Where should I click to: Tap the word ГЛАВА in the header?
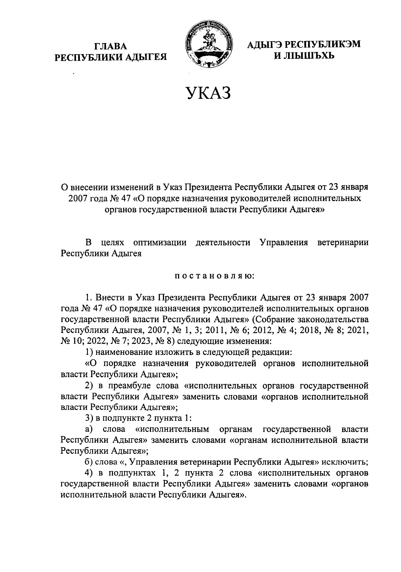[x=111, y=46]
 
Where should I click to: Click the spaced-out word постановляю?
[x=215, y=276]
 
